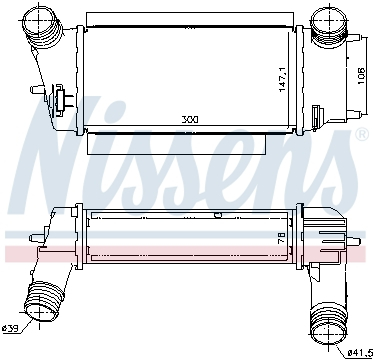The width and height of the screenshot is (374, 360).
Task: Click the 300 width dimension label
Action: (x=190, y=119)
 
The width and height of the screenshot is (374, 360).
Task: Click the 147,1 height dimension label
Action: (x=283, y=79)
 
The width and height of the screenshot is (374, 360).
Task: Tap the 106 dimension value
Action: (x=361, y=76)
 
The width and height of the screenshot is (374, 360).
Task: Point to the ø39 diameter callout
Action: (x=10, y=329)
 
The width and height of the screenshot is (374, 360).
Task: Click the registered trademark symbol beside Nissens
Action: (x=362, y=134)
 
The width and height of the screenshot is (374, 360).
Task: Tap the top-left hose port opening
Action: (x=39, y=19)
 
